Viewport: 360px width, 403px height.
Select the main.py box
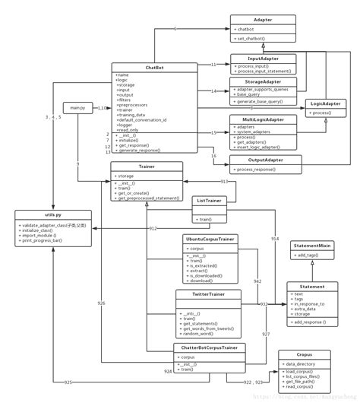tap(78, 108)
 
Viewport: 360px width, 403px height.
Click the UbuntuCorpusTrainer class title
tap(210, 239)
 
